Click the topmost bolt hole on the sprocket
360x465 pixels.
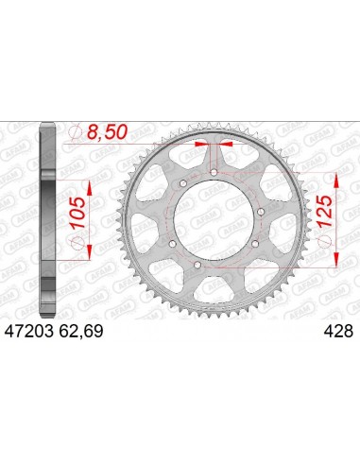pos(214,171)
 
